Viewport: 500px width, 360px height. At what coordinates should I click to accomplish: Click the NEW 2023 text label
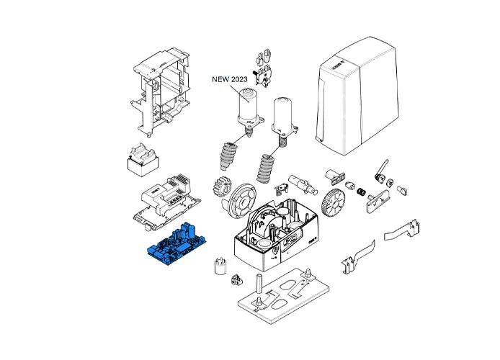pos(228,80)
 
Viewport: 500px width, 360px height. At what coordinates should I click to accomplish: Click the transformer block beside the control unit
pos(143,163)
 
